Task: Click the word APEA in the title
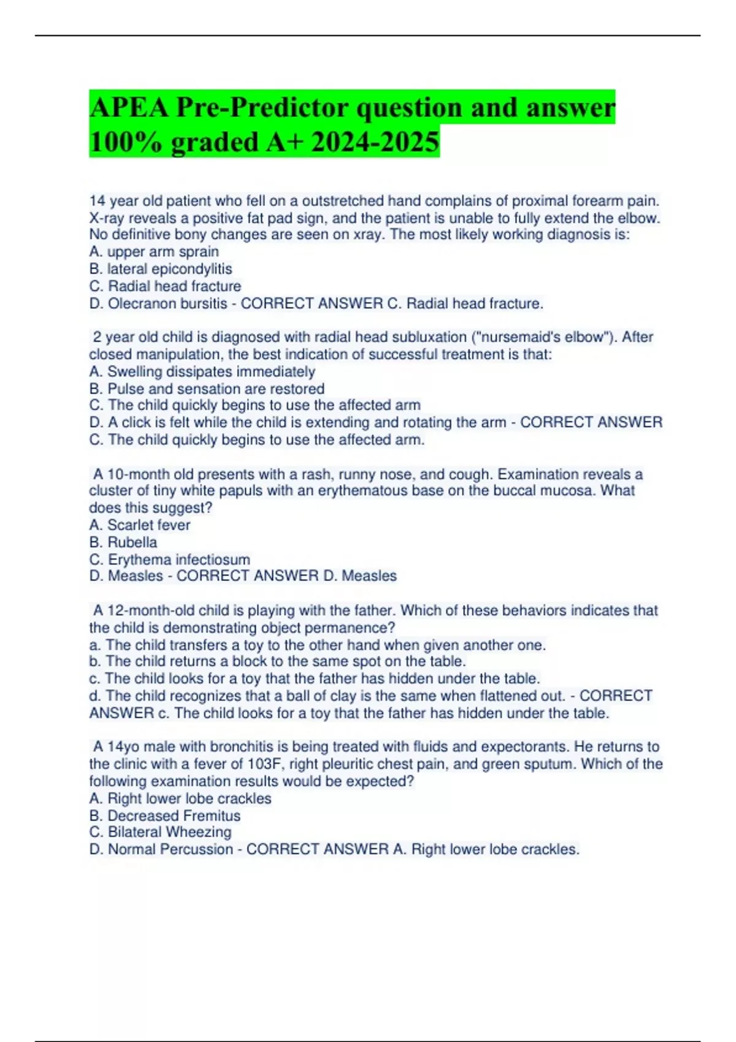pyautogui.click(x=129, y=108)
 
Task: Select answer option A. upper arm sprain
pyautogui.click(x=154, y=252)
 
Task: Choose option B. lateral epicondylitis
pyautogui.click(x=161, y=269)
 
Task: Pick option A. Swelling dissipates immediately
pyautogui.click(x=202, y=371)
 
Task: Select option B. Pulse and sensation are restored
pyautogui.click(x=207, y=389)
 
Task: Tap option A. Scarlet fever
pyautogui.click(x=140, y=525)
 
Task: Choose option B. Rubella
pyautogui.click(x=123, y=542)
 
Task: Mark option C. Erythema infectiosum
pyautogui.click(x=170, y=560)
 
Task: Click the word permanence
pyautogui.click(x=358, y=628)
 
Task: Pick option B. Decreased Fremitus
pyautogui.click(x=165, y=816)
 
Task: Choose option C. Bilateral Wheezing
pyautogui.click(x=161, y=832)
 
